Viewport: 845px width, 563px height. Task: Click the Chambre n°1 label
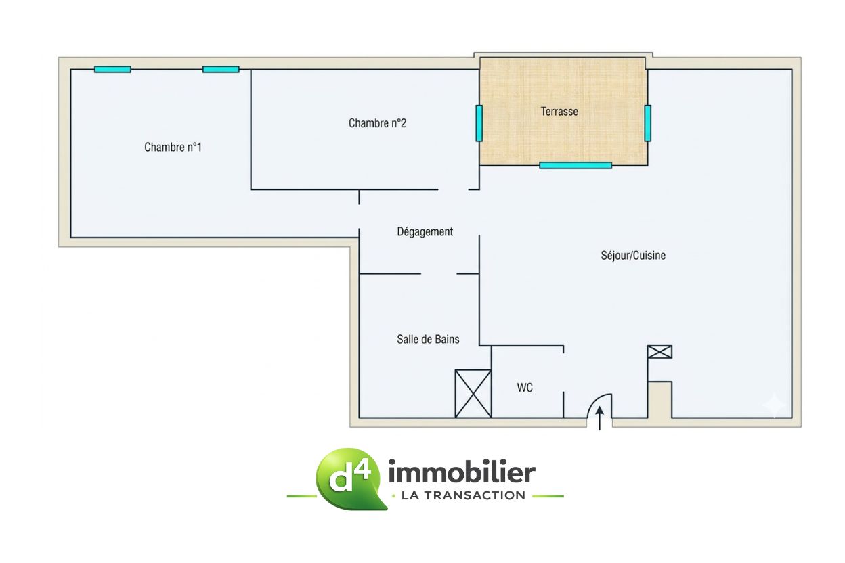pos(173,147)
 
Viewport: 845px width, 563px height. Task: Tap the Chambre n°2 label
pos(377,123)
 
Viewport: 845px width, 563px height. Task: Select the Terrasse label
pos(559,112)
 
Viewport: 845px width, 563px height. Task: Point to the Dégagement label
pos(425,232)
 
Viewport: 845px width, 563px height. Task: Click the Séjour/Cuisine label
pos(633,256)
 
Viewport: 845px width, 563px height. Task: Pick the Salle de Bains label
pos(428,340)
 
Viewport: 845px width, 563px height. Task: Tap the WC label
pos(525,388)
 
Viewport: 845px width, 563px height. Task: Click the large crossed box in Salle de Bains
pos(473,394)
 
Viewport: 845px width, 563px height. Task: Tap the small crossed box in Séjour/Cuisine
pos(659,352)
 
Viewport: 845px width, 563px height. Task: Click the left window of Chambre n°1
pos(113,70)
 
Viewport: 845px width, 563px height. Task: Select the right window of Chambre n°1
pos(221,70)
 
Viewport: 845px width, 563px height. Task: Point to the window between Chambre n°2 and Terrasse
pos(479,123)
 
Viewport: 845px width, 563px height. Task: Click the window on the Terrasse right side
pos(648,123)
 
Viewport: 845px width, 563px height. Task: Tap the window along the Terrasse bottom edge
pos(576,165)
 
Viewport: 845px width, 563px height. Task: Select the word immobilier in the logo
pos(462,472)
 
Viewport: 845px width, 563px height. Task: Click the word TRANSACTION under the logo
pos(475,495)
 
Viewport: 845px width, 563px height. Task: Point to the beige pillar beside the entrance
pos(659,400)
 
